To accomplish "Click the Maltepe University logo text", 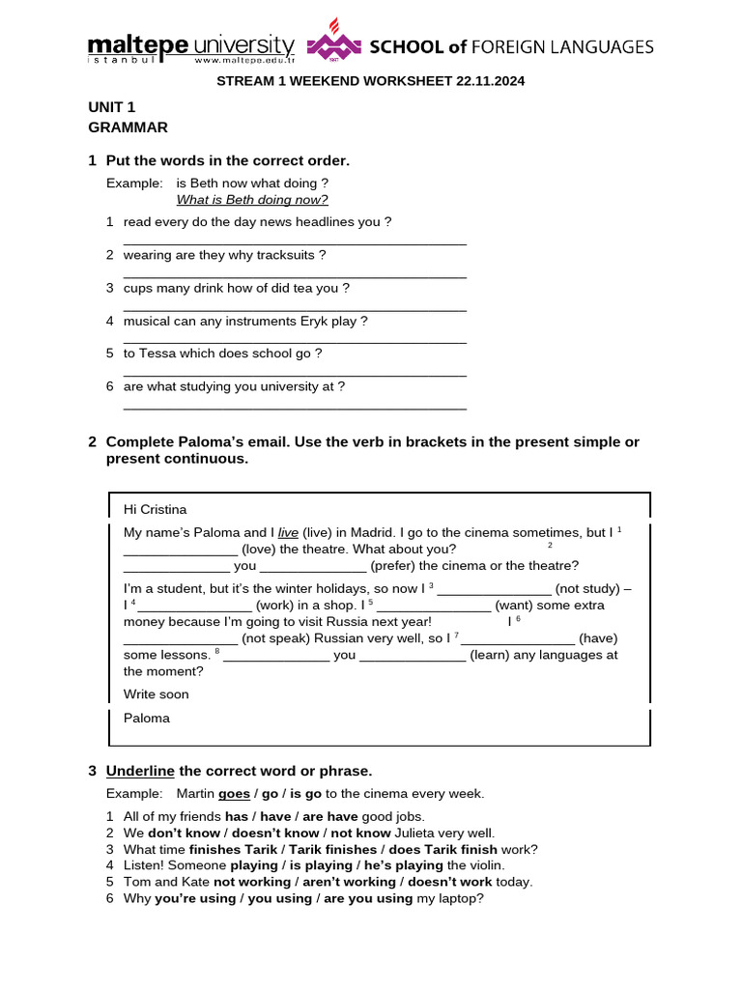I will (x=190, y=47).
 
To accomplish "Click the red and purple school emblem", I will (x=333, y=44).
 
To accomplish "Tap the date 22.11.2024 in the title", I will (x=489, y=82).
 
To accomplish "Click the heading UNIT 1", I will (x=111, y=107).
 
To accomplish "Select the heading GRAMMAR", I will (x=128, y=127).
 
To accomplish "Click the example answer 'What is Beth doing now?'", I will (x=252, y=200).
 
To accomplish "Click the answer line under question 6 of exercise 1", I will (x=295, y=409).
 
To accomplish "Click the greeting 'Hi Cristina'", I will (x=155, y=509).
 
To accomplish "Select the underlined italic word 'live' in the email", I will (x=288, y=532).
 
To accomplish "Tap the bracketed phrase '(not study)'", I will (x=588, y=589).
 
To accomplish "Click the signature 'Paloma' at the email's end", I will (x=146, y=718).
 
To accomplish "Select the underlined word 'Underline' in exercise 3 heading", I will (x=140, y=771).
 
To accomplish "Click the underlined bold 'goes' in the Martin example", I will (x=234, y=794).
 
